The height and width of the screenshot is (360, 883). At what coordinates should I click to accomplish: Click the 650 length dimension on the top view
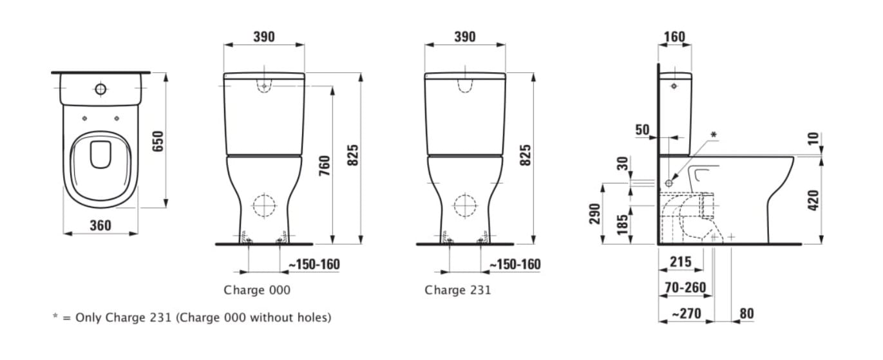click(158, 141)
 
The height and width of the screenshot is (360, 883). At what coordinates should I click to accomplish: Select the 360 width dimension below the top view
click(100, 225)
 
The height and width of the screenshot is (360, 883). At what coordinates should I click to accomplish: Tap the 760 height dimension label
click(325, 166)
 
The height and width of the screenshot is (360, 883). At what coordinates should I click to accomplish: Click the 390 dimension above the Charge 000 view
click(263, 37)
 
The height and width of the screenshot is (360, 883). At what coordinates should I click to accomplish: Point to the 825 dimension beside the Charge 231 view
click(526, 155)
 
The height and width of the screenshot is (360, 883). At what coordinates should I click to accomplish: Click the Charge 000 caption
click(257, 290)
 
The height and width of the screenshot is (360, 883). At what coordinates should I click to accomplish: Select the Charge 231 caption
click(458, 290)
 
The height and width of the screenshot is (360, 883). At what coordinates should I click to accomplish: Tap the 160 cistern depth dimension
click(674, 37)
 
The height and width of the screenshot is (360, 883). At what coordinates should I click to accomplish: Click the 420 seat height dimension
click(813, 200)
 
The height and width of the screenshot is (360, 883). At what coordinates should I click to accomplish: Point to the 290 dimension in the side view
click(595, 214)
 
